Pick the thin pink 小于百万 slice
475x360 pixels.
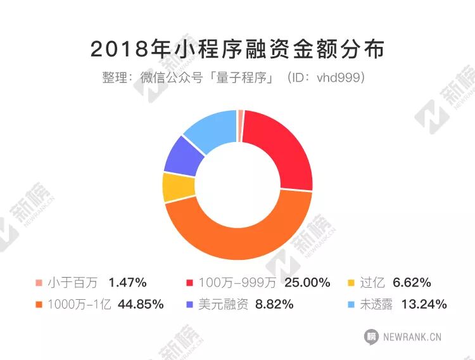click(240, 117)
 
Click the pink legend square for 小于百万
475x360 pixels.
click(39, 283)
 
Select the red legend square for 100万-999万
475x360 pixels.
click(190, 283)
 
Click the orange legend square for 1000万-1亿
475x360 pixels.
click(39, 305)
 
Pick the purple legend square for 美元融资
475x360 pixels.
click(190, 305)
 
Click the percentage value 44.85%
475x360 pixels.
click(141, 305)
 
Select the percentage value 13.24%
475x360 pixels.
click(424, 305)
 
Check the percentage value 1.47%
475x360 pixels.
click(128, 283)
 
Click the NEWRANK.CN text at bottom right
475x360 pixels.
click(412, 337)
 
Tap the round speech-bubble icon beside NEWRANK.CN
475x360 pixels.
click(372, 337)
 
